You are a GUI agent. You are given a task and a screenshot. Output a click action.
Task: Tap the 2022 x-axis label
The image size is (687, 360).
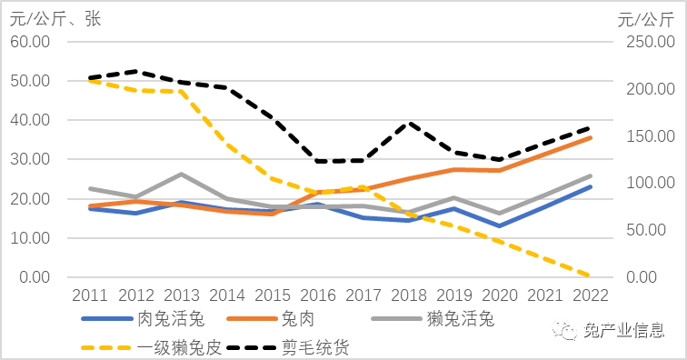coord(591,295)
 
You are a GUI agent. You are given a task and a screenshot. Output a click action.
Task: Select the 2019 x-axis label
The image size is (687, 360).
coord(455,295)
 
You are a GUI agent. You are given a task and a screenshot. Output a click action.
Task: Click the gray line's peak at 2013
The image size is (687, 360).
coord(181,174)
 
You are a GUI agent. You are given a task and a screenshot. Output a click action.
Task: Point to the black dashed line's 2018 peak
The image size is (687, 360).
coord(410,123)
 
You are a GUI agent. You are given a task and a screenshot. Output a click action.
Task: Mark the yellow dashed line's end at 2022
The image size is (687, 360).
coord(591,275)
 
